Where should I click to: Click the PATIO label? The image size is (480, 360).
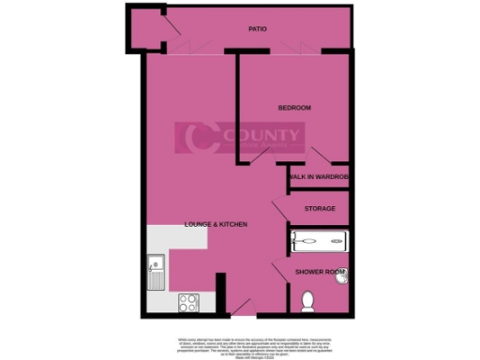258,29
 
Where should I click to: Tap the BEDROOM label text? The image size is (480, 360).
294,109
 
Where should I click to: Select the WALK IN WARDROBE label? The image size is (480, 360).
319,176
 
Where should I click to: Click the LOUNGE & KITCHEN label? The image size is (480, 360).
216,225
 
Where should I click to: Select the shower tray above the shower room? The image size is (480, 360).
319,241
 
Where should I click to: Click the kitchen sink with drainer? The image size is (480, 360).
156,274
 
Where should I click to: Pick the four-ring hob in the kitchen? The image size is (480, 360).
189,304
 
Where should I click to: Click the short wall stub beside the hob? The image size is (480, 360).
219,293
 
